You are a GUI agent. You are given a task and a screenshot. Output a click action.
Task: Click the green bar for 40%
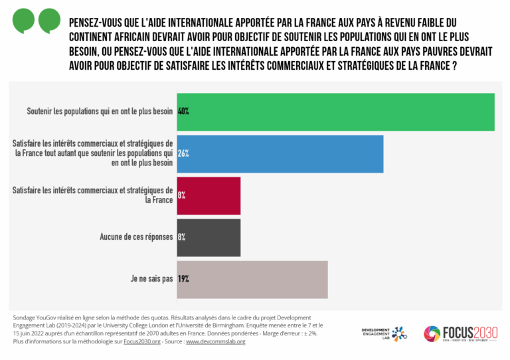(335, 112)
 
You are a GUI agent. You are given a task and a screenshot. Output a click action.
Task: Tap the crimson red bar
(209, 195)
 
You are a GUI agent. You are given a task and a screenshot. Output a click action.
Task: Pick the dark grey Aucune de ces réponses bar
(209, 237)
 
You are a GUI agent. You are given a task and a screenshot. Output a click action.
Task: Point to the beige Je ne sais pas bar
(252, 279)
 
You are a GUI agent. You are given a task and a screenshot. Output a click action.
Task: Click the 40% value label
(183, 112)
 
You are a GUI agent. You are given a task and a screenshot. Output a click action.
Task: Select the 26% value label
(183, 153)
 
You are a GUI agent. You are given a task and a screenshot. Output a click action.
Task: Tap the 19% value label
(183, 279)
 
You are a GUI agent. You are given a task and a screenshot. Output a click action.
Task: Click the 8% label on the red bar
(182, 195)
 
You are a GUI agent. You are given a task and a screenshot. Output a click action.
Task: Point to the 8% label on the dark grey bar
(182, 237)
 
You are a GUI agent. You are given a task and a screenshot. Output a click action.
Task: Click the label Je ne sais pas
(151, 279)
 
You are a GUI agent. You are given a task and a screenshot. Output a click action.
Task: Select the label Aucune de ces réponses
(136, 237)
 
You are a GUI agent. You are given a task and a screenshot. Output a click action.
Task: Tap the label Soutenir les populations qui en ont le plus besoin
(100, 112)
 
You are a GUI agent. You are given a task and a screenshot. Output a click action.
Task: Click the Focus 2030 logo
(462, 333)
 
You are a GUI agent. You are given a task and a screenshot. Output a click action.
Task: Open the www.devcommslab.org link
(216, 341)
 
